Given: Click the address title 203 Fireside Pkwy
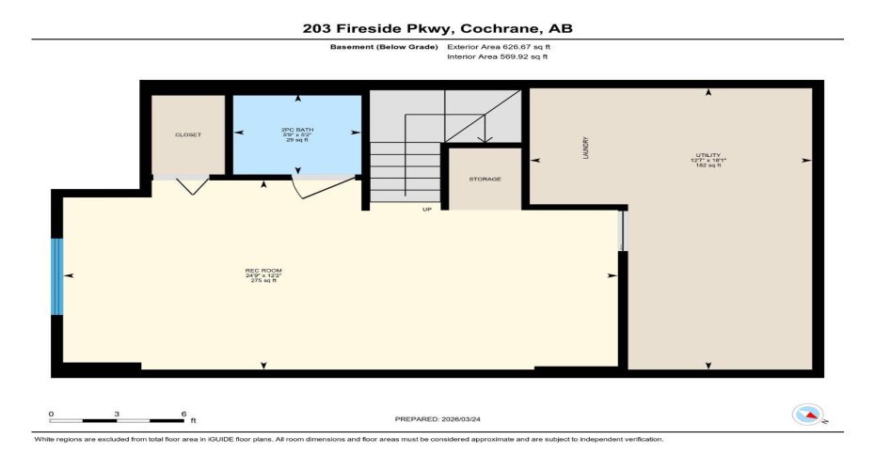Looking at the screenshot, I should (x=437, y=28).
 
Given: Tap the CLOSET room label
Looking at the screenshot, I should (x=188, y=134).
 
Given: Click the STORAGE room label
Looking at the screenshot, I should (x=485, y=179).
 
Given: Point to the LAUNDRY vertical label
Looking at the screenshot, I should (x=585, y=148).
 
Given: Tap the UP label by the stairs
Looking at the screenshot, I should (x=426, y=209).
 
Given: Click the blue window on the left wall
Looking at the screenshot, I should (x=57, y=275).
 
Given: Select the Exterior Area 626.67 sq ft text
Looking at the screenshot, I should (x=497, y=45).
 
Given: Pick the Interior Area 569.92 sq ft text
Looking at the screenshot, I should (x=497, y=56).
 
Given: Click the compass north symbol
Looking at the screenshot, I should (x=807, y=414).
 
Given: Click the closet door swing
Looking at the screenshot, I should (x=193, y=186).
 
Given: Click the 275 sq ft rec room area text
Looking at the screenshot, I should (x=262, y=281).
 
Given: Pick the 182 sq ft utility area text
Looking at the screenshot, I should (x=708, y=165).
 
